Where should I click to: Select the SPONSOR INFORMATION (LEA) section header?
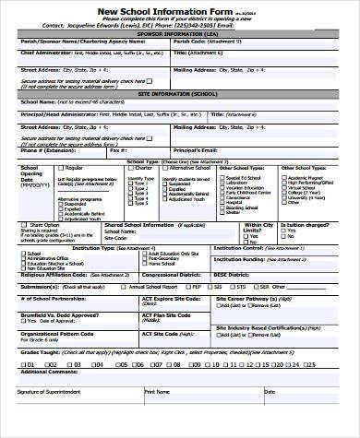pyautogui.click(x=178, y=33)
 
